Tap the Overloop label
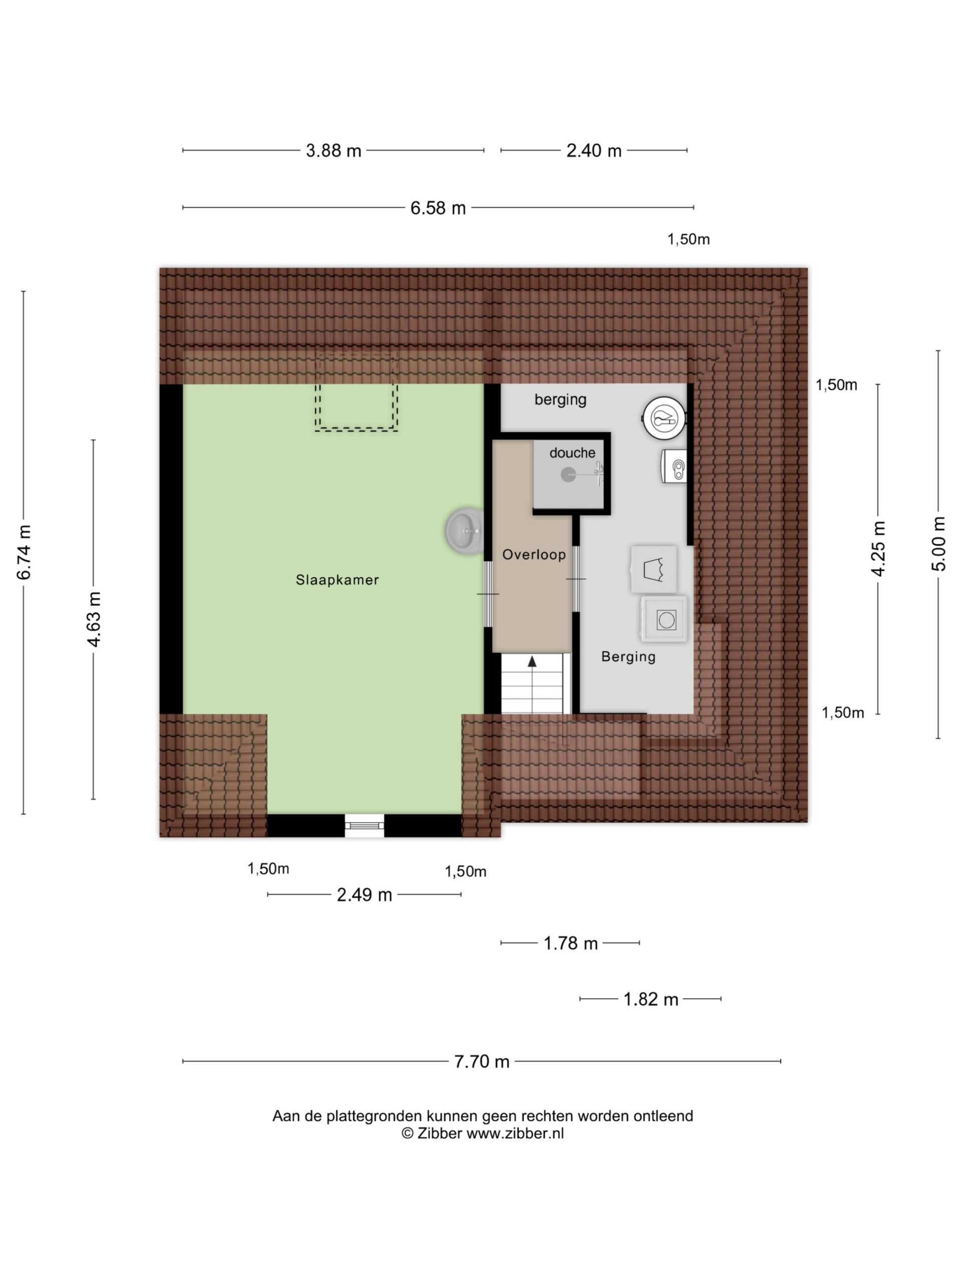tap(534, 555)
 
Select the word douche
tap(572, 453)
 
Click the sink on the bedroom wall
tap(464, 530)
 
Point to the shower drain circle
tap(568, 475)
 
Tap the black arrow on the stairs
tap(531, 662)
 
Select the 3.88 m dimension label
tap(333, 151)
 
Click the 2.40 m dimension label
tap(594, 151)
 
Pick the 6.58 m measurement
tap(438, 207)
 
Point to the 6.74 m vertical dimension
tap(24, 552)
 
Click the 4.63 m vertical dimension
tap(93, 619)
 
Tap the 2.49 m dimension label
tap(364, 894)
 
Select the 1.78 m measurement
tap(570, 943)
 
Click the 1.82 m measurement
tap(651, 999)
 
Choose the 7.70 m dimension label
tap(482, 1061)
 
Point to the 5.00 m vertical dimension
tap(938, 544)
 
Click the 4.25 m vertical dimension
tap(878, 548)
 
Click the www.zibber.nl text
tap(515, 1133)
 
